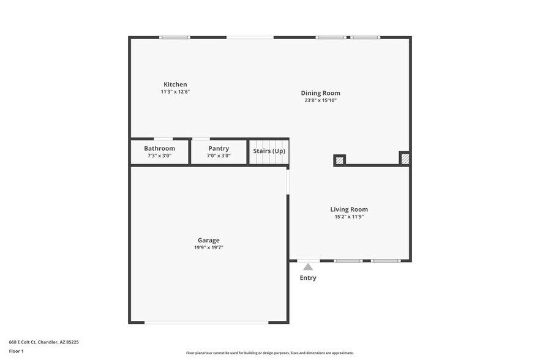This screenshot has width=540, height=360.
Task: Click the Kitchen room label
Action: [x=175, y=84]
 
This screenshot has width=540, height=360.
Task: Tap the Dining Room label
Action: [x=320, y=93]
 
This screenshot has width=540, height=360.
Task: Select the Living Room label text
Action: [x=349, y=209]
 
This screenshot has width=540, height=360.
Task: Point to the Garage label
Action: [x=208, y=240]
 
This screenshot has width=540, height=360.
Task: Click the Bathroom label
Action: [x=159, y=148]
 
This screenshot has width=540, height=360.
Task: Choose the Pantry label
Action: [x=219, y=148]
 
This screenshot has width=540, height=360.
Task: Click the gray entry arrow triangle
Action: [x=308, y=266]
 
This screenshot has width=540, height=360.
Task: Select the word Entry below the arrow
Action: [x=308, y=278]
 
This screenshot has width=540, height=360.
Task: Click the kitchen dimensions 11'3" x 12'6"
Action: [x=175, y=92]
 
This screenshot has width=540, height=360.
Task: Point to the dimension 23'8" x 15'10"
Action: [x=320, y=100]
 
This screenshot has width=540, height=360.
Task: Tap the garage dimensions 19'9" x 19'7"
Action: [x=208, y=247]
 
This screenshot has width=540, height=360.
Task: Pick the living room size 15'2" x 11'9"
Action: [x=349, y=217]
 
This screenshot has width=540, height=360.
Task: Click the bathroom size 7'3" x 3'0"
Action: [x=159, y=156]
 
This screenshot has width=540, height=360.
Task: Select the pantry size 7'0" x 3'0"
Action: [x=219, y=156]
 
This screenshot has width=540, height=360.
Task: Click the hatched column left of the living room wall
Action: [x=339, y=160]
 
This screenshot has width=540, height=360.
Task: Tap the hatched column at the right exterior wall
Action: [x=405, y=159]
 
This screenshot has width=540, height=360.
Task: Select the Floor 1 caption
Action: [x=16, y=351]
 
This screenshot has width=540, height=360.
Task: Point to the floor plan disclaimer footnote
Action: [x=269, y=353]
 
